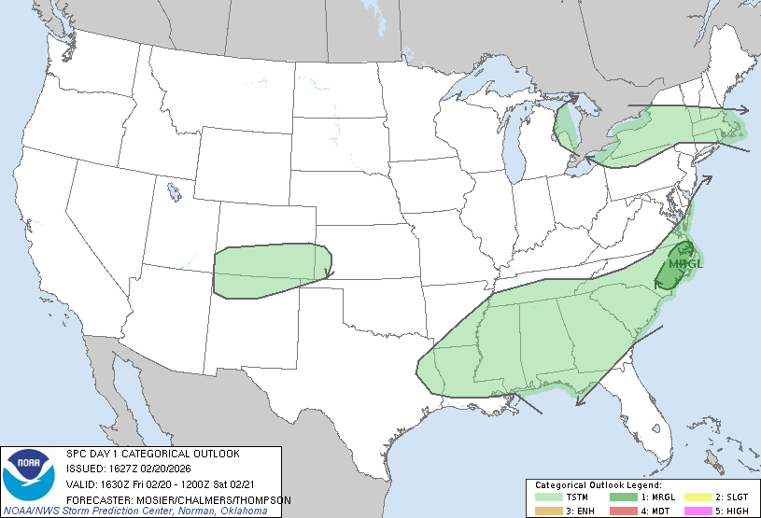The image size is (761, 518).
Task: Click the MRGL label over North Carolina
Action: coord(686,263)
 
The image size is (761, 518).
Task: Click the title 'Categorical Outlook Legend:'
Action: coord(598,485)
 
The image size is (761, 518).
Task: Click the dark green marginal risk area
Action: coord(674,271)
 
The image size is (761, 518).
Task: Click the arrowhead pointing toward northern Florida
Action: coord(579,402)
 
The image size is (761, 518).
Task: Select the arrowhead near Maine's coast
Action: coord(744,109)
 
